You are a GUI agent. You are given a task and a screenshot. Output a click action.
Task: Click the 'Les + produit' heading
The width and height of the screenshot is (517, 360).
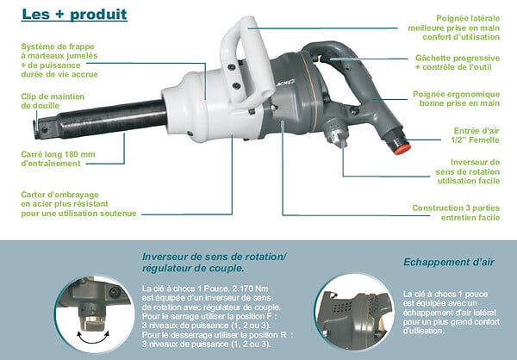click(74, 14)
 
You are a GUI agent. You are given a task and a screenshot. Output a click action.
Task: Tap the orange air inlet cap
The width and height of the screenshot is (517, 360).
click(402, 149)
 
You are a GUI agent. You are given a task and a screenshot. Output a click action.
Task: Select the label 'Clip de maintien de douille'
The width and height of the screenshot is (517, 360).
click(53, 102)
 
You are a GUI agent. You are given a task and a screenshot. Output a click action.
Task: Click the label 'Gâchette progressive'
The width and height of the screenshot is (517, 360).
click(458, 58)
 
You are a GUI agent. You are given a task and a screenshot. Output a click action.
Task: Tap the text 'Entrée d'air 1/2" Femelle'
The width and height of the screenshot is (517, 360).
click(475, 135)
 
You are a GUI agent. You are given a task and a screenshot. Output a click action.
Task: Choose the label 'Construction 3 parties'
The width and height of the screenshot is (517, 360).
click(456, 208)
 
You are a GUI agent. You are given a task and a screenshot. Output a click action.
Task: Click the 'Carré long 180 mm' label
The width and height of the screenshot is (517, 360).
click(58, 154)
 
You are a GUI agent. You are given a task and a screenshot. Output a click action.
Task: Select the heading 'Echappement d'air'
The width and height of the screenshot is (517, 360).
click(449, 262)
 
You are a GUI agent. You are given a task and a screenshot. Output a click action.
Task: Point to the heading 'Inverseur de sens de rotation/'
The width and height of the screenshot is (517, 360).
click(215, 257)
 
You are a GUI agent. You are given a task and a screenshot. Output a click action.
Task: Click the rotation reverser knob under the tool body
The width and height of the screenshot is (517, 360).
click(336, 133)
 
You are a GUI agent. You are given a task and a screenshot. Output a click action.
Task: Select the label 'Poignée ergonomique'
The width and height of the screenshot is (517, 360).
click(457, 94)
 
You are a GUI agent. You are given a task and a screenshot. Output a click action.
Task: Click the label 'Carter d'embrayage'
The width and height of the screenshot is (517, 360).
click(59, 195)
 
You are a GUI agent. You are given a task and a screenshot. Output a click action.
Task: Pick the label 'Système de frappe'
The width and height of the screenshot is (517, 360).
click(58, 47)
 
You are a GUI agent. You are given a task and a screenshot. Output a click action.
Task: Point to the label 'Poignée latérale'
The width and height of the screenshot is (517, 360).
click(468, 18)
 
